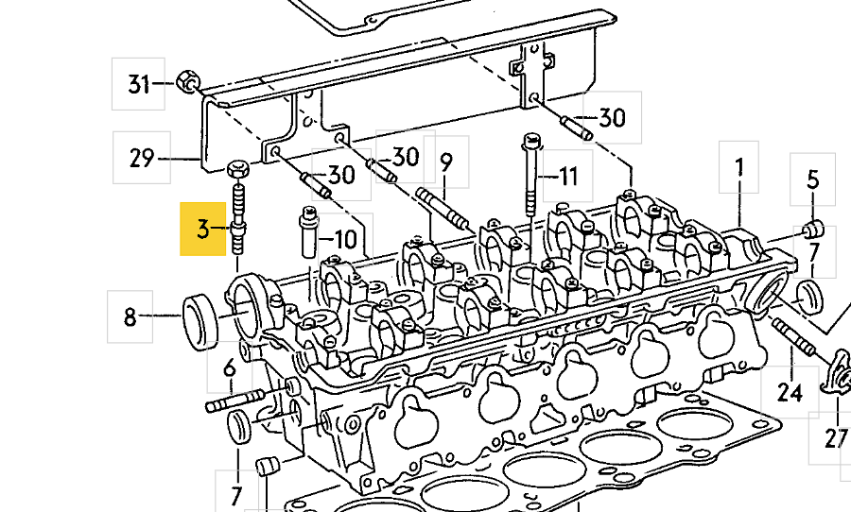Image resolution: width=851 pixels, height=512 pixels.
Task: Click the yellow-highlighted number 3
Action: pyautogui.click(x=202, y=229)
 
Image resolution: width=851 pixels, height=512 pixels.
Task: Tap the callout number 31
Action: pyautogui.click(x=138, y=84)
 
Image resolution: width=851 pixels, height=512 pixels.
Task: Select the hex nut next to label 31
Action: pyautogui.click(x=187, y=81)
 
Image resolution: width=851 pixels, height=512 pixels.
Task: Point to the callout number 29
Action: pyautogui.click(x=142, y=158)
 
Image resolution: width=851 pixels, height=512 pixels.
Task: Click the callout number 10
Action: pyautogui.click(x=345, y=239)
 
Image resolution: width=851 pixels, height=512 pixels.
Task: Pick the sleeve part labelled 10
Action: pyautogui.click(x=308, y=232)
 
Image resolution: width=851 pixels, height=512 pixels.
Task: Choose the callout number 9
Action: pyautogui.click(x=446, y=162)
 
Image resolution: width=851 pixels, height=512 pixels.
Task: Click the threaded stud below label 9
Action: pyautogui.click(x=443, y=210)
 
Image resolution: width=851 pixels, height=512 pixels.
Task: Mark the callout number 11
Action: pyautogui.click(x=567, y=177)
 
